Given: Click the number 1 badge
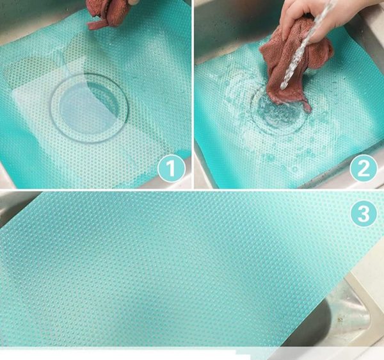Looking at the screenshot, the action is (171, 168).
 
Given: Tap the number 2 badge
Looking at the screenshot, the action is (363, 168).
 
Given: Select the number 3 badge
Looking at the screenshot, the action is (364, 213).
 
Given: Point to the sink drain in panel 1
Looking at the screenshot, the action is (89, 108).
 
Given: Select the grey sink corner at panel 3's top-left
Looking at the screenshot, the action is (15, 206).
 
